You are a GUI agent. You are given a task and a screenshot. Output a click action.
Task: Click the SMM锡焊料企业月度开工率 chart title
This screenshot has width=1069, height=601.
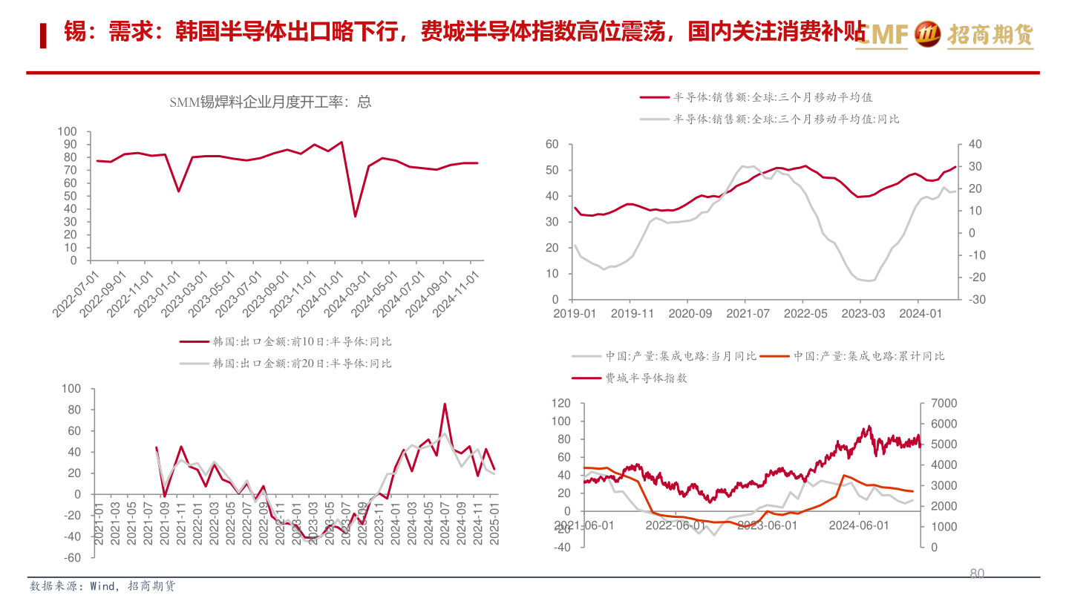(270, 102)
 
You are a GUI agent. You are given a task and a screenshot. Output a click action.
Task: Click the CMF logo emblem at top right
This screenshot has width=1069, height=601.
(928, 33)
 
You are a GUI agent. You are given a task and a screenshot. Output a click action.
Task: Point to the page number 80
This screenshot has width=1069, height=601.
(977, 574)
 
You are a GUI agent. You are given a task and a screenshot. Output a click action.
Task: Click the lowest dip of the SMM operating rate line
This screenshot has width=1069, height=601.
(355, 216)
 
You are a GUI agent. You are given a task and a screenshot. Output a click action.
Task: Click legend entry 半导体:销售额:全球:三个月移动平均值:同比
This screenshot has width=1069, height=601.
(786, 119)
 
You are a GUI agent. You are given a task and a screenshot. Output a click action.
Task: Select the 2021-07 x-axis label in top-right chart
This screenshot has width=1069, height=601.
(748, 314)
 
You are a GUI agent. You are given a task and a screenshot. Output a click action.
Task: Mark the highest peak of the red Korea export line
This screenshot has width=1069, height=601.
(445, 404)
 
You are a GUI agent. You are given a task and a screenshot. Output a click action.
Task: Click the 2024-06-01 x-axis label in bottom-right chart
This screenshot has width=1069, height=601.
(859, 525)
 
